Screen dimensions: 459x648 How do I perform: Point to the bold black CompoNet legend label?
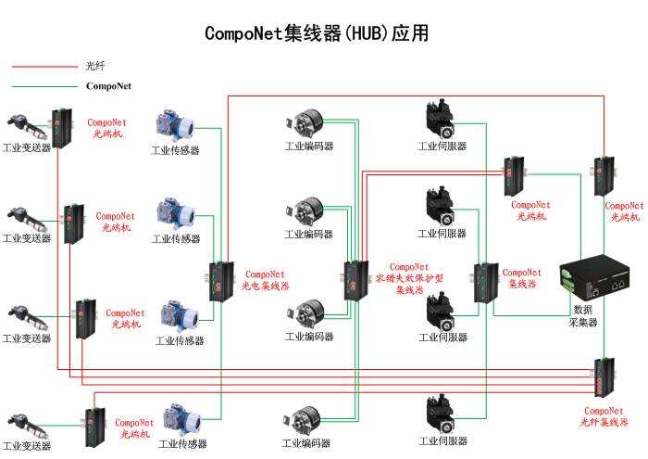(108, 86)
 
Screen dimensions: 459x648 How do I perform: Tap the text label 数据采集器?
(582, 316)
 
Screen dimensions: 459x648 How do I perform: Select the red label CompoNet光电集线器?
(267, 280)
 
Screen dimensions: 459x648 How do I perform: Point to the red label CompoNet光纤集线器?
(604, 416)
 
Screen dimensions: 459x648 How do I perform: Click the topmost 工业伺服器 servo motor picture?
(441, 119)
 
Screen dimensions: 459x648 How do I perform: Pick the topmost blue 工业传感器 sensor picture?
(174, 126)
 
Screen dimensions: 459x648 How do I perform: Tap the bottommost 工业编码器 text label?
(308, 444)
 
